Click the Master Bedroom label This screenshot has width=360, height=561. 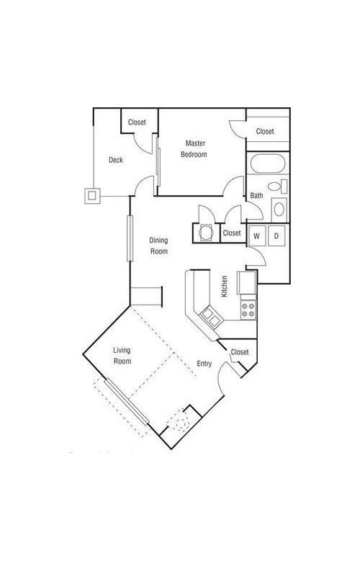click(194, 149)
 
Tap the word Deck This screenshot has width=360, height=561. click(116, 160)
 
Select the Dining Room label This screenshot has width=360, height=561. click(158, 246)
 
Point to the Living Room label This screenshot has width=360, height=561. click(122, 356)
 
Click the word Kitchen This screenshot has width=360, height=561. click(225, 286)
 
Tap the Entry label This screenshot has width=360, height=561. click(204, 364)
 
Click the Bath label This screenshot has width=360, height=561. click(256, 195)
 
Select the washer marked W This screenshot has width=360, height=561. click(256, 236)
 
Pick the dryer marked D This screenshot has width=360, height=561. click(276, 236)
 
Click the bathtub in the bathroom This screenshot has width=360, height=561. click(268, 164)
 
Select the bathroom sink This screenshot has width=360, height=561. click(279, 210)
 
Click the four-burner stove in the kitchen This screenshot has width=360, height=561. click(248, 310)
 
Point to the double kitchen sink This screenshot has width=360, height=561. click(211, 317)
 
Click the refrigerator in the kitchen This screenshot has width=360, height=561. click(246, 282)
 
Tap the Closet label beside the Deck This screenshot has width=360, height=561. click(137, 122)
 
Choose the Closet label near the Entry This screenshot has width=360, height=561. click(240, 352)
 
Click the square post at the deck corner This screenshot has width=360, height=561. click(92, 196)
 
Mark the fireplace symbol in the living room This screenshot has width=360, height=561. click(181, 420)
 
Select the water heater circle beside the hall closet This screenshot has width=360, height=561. click(206, 233)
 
